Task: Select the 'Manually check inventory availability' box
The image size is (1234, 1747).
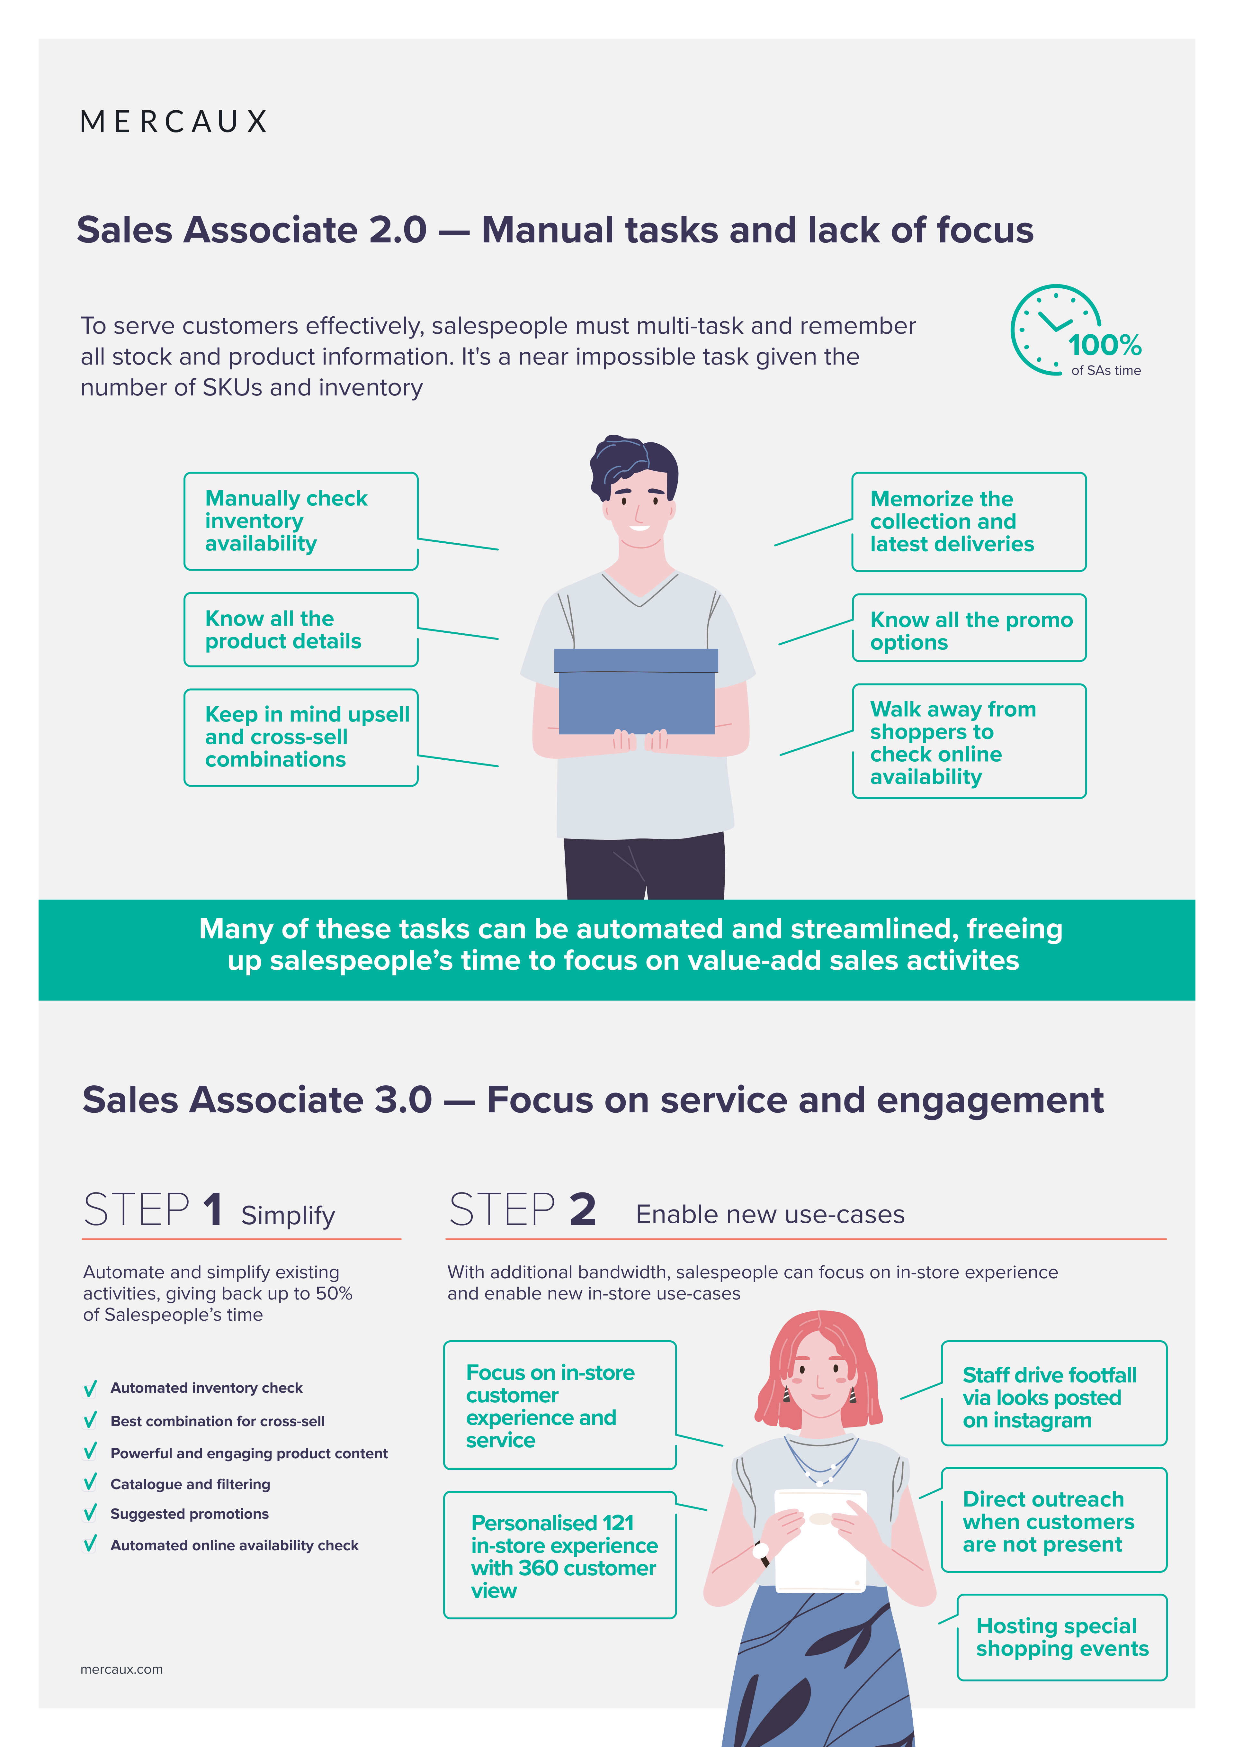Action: click(301, 521)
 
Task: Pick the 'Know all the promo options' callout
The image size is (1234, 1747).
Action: click(969, 628)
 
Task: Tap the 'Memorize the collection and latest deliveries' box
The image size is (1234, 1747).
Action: click(969, 522)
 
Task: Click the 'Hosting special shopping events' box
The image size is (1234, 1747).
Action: click(1062, 1637)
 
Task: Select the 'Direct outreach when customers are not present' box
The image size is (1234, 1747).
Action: click(1054, 1519)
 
